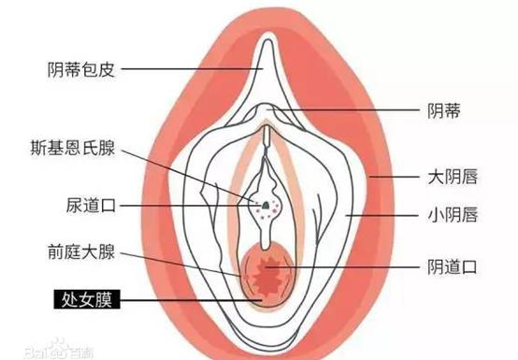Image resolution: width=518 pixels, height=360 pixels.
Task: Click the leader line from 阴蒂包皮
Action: [187, 67]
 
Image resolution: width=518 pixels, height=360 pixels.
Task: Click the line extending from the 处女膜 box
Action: [187, 301]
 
